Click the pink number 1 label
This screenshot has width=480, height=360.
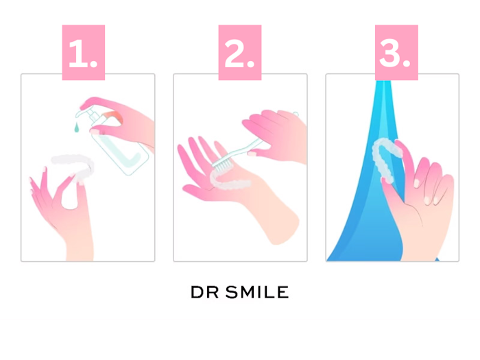point(84,52)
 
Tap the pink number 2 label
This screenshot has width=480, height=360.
point(240,52)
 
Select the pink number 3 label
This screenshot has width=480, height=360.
point(396,52)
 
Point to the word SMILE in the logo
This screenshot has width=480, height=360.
point(257,292)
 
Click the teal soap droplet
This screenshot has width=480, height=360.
point(76,128)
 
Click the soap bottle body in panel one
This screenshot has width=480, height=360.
point(123,150)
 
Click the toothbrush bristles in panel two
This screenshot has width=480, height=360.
point(223,165)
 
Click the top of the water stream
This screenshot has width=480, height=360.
point(383,83)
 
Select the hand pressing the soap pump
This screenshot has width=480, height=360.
point(123,119)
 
